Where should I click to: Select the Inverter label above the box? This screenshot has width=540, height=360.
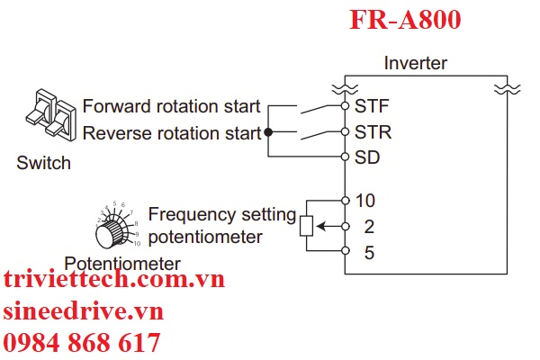[x=415, y=64]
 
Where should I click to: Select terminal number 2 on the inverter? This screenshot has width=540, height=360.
[x=368, y=226]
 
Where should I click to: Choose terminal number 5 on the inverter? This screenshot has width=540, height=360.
[x=368, y=252]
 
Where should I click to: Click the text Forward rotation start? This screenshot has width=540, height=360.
[x=171, y=107]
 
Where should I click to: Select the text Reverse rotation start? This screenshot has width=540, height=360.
[x=171, y=133]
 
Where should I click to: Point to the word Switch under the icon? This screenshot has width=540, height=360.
[x=43, y=164]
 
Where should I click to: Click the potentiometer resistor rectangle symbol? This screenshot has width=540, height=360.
[x=306, y=226]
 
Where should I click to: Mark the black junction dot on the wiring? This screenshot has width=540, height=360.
[x=268, y=132]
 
